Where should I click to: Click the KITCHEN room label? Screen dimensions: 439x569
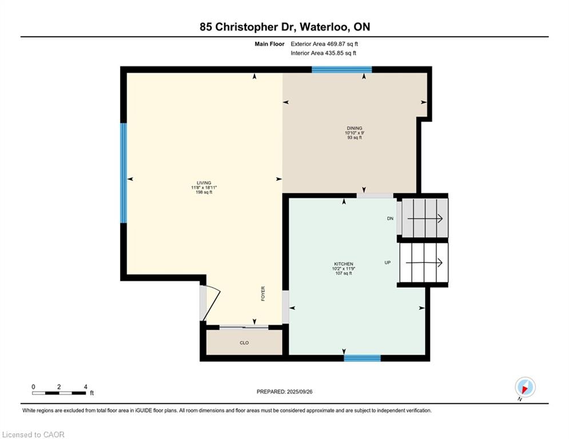[x=343, y=264]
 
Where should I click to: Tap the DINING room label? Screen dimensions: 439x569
[x=354, y=128]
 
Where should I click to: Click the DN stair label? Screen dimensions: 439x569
[x=390, y=218]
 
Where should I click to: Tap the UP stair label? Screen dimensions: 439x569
[x=387, y=262]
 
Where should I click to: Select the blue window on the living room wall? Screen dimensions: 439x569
[x=123, y=173]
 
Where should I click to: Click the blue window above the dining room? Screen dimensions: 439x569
[x=341, y=70]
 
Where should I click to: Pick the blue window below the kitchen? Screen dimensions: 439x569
[x=362, y=358]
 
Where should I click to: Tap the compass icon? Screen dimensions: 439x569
[x=524, y=387]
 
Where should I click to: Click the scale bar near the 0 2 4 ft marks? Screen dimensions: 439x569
[x=59, y=393]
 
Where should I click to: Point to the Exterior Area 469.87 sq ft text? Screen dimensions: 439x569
[x=324, y=43]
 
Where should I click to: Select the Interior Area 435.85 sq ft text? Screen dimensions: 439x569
[x=323, y=53]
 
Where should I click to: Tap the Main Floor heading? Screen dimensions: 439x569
[x=270, y=43]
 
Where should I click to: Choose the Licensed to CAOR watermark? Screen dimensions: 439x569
[x=33, y=434]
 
